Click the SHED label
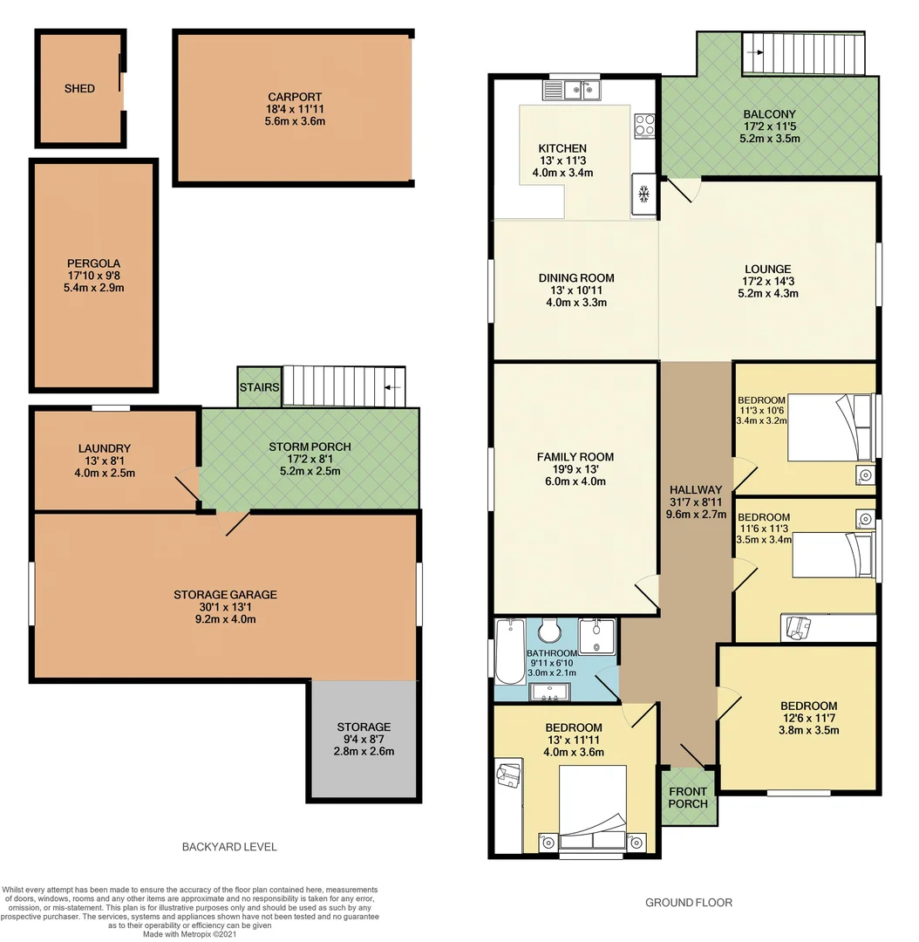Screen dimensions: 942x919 tap(79, 89)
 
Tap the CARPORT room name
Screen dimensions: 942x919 tap(295, 98)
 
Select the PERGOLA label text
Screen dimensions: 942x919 tap(93, 263)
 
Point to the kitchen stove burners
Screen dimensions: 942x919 tap(644, 125)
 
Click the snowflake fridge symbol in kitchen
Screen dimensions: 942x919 tap(643, 193)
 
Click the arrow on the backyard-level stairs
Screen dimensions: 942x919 tap(392, 387)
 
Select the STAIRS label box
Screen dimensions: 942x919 tap(259, 387)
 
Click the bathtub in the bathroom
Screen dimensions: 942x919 tap(508, 652)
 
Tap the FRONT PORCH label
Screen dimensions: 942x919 tap(689, 797)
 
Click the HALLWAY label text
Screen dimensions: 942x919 tap(695, 489)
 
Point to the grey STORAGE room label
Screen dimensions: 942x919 tap(364, 727)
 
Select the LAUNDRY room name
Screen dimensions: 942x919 tap(104, 448)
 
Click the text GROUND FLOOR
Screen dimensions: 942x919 tap(688, 903)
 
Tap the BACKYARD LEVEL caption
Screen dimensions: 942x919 tap(229, 847)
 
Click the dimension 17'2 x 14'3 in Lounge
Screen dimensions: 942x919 tap(767, 282)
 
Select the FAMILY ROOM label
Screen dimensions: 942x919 tap(575, 456)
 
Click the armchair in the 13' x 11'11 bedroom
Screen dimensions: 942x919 tap(508, 775)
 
